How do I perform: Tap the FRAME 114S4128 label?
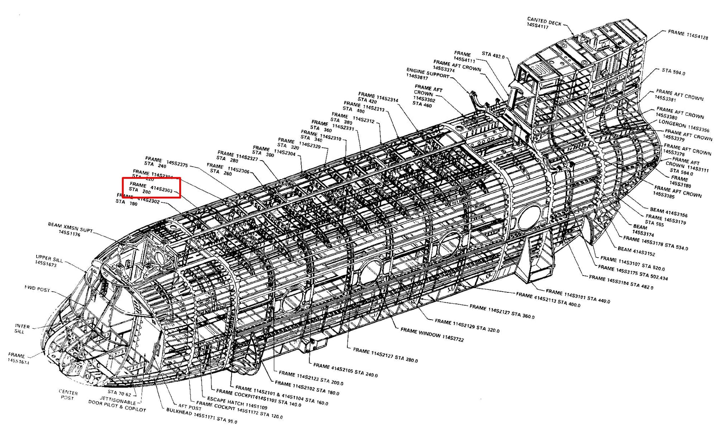[687, 35]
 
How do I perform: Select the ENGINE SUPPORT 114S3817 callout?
[427, 74]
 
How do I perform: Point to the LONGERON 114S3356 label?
[683, 126]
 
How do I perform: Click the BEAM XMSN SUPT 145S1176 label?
[70, 229]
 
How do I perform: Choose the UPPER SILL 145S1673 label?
[49, 261]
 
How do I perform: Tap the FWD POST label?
[37, 289]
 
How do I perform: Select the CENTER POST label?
[68, 395]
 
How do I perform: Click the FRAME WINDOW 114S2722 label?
[432, 335]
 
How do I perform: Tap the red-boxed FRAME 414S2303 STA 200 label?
[151, 188]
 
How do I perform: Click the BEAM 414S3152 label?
[636, 251]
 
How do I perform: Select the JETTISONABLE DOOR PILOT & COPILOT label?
[117, 405]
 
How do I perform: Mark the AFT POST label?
[190, 407]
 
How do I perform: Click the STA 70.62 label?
[119, 393]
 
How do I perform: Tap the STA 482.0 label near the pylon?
[493, 55]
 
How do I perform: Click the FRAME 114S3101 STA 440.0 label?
[577, 296]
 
